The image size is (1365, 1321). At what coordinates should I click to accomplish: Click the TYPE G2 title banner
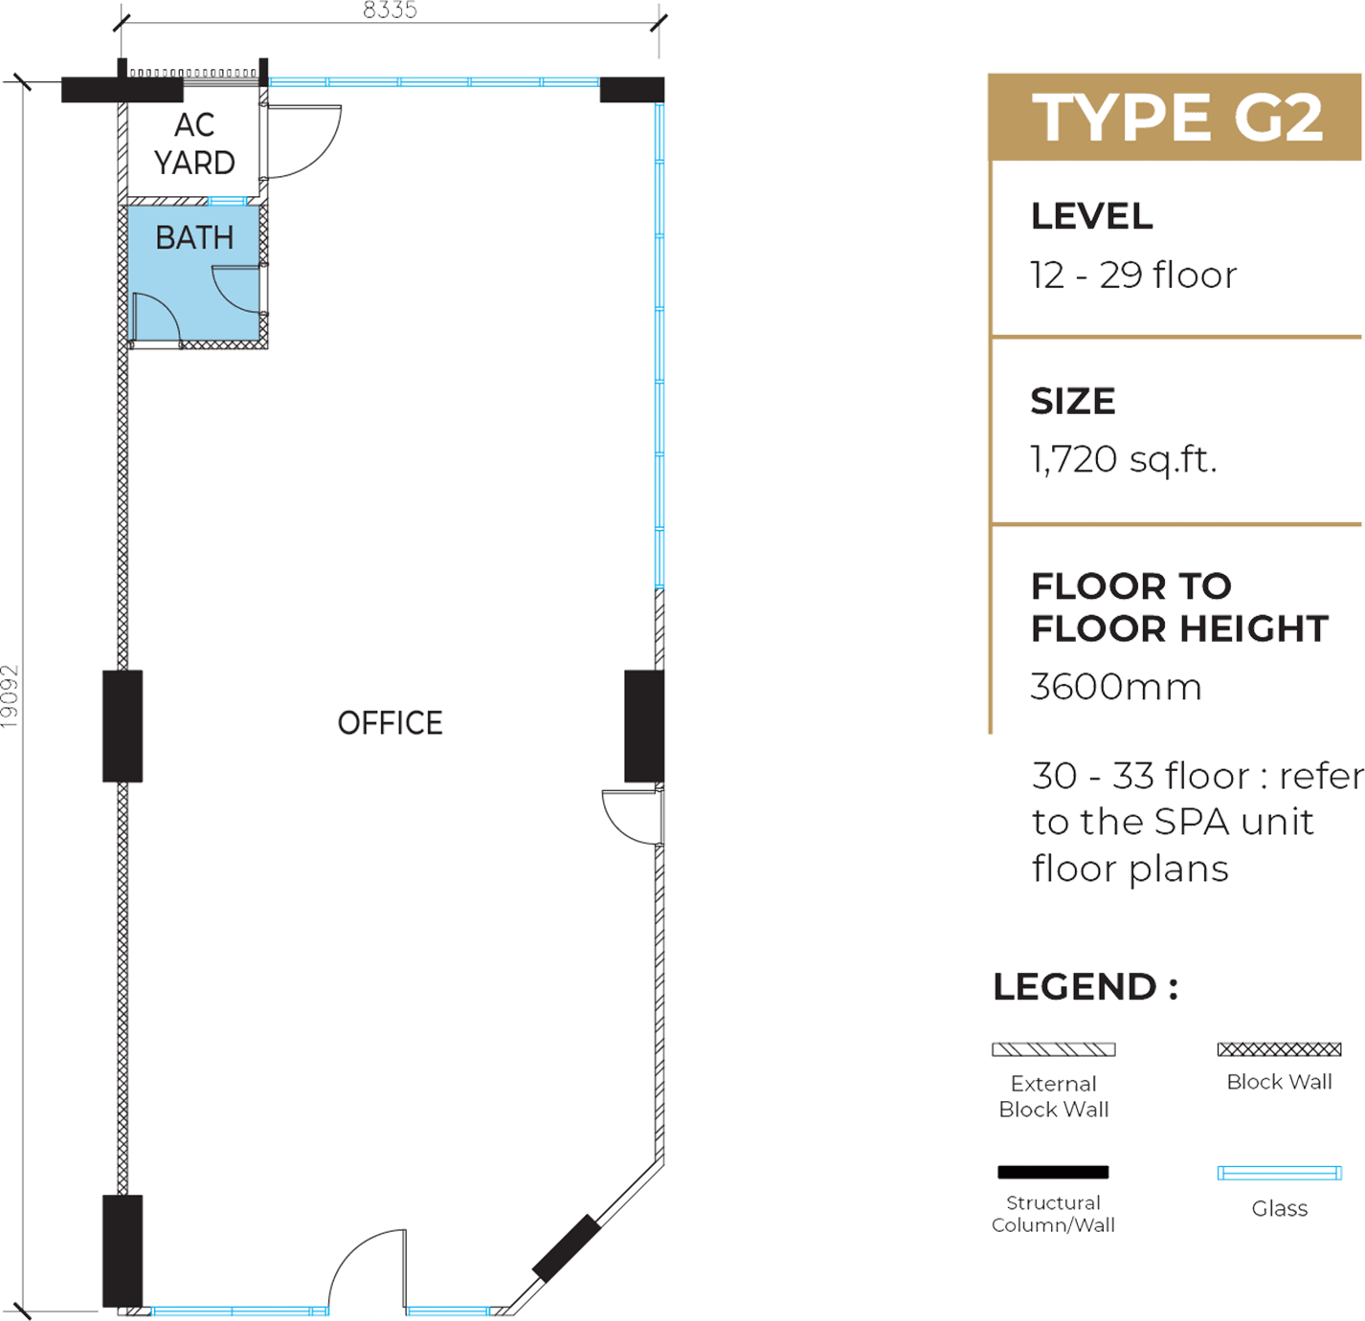coord(1174,117)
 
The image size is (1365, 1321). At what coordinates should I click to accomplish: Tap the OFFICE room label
coord(390,722)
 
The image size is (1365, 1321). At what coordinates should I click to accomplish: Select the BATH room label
coord(194,237)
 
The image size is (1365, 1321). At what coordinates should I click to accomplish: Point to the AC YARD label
coord(194,143)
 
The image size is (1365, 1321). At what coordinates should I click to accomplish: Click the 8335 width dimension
coord(390,10)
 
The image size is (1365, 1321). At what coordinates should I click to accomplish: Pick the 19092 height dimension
coord(10,695)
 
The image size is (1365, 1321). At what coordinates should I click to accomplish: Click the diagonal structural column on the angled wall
coord(566,1248)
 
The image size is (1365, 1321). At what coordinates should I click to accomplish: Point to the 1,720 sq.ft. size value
coord(1122,460)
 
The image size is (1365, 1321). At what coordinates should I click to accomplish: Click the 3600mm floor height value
coord(1115,687)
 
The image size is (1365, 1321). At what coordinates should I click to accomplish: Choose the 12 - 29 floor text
coord(1132,275)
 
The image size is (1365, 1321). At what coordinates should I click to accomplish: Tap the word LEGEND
coord(1075,987)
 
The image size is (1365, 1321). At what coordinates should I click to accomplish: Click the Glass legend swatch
coord(1279,1173)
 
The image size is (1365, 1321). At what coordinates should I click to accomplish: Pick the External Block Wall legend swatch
coord(1053,1049)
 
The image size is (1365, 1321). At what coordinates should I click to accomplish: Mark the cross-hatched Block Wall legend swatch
coord(1279,1049)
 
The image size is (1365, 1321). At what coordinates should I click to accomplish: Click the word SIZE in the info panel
coord(1072,402)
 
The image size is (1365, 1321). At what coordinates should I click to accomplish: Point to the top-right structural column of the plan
coord(632,90)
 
